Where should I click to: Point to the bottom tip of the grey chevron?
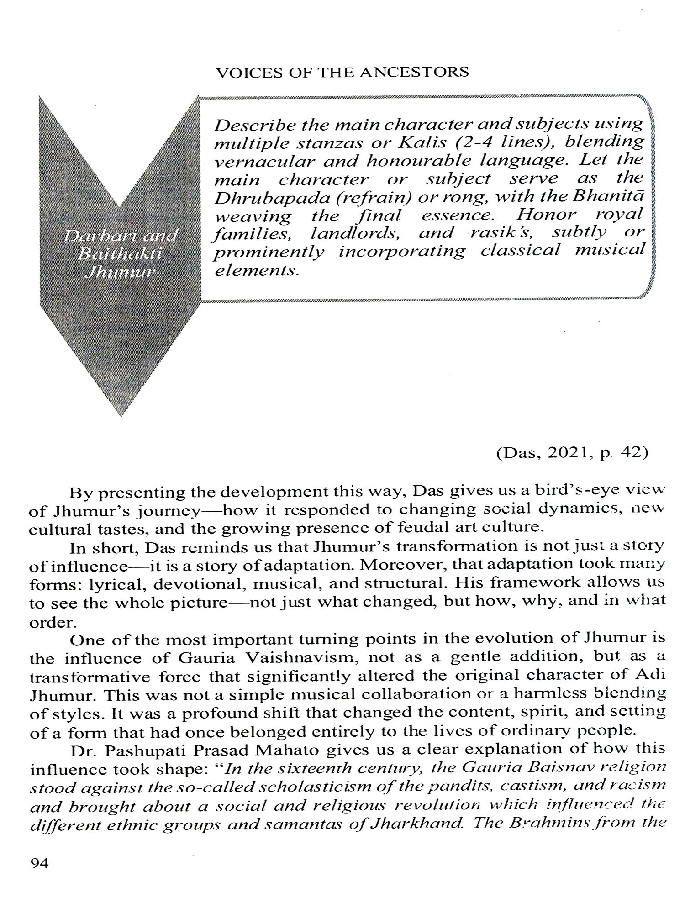[120, 416]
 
